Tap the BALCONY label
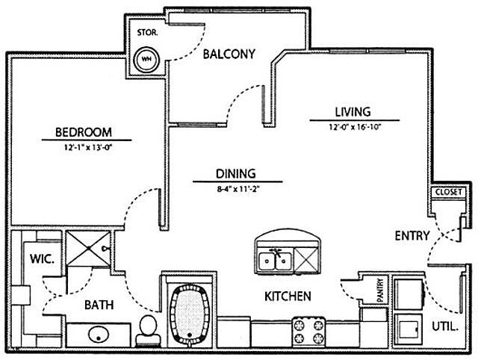point(232,54)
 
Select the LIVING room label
point(352,112)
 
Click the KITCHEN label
point(288,297)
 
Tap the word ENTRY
point(412,236)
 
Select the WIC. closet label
point(40,261)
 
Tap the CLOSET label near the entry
point(447,193)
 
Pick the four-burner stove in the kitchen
point(309,329)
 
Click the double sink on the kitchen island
point(274,261)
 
